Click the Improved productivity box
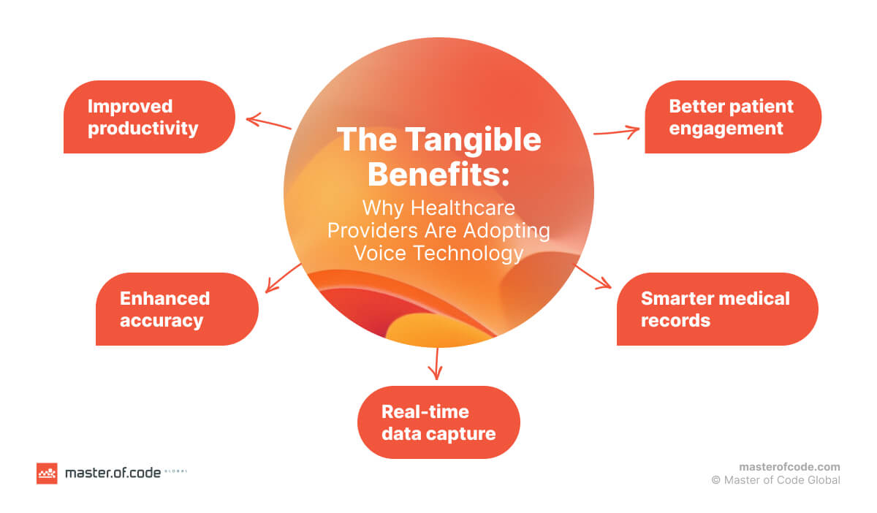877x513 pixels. [x=149, y=117]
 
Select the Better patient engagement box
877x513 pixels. [x=732, y=117]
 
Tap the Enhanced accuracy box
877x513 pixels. [x=177, y=309]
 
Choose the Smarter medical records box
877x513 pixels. [x=717, y=309]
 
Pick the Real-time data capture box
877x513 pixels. [x=438, y=422]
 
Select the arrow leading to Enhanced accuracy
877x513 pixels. [x=283, y=278]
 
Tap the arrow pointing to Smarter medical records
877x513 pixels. [x=593, y=276]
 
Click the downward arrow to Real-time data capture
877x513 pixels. [x=436, y=363]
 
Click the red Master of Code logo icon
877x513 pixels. [x=47, y=474]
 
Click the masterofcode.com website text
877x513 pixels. [x=789, y=466]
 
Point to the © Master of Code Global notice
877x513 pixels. [x=775, y=480]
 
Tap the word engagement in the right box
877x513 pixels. [x=726, y=128]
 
